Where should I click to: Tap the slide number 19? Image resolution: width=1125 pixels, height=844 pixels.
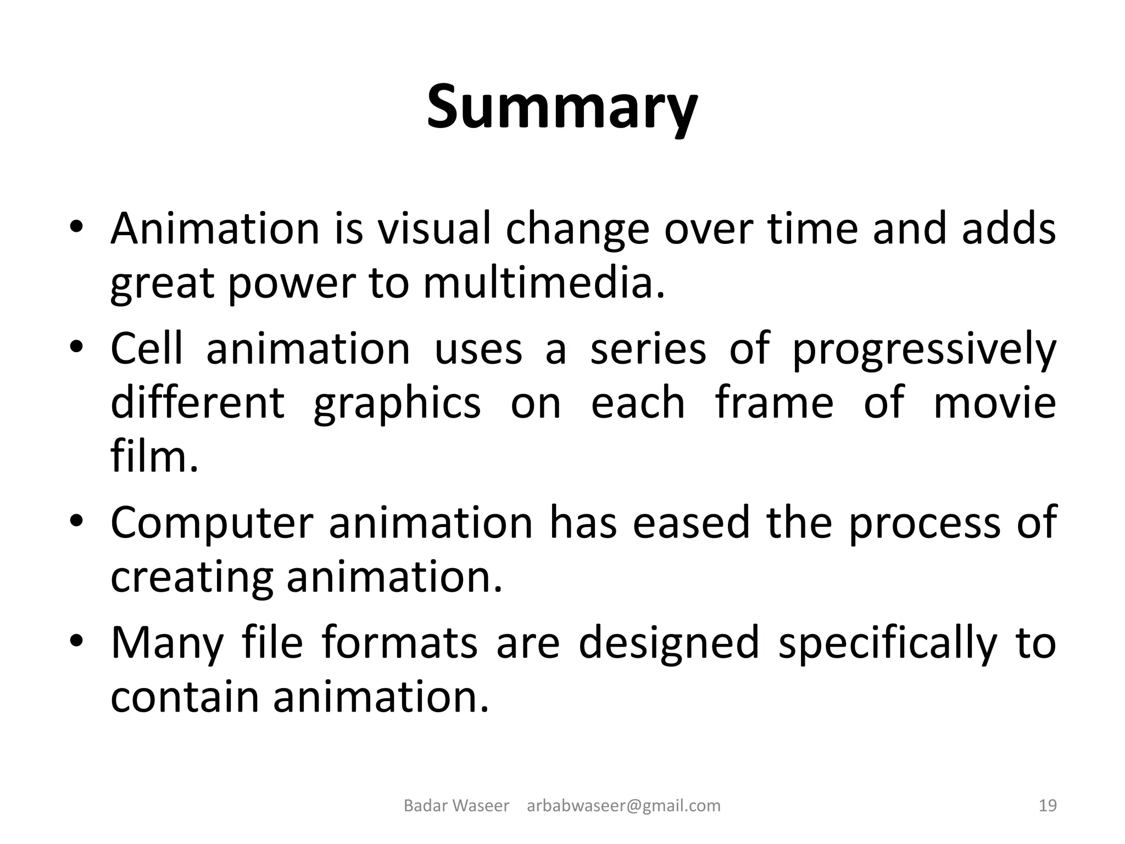pyautogui.click(x=1048, y=806)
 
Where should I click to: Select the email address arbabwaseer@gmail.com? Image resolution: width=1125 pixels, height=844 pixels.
pyautogui.click(x=623, y=806)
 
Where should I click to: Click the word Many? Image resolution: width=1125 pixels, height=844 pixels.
pyautogui.click(x=168, y=643)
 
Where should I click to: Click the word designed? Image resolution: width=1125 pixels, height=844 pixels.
pyautogui.click(x=669, y=643)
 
